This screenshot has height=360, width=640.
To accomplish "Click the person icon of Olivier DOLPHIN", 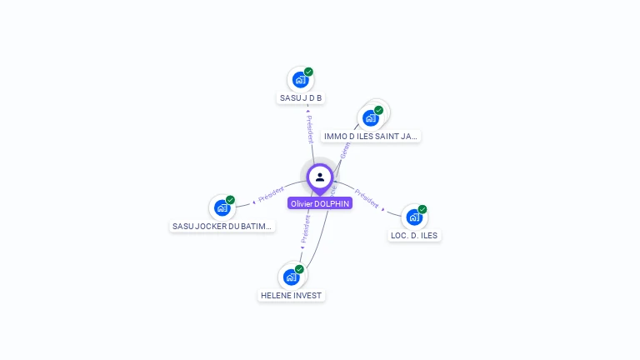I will click(320, 177).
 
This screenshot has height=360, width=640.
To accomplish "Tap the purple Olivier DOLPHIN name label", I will click(320, 203).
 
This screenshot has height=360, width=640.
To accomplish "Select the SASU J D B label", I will click(301, 98).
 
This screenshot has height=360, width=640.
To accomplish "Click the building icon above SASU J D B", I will click(300, 80).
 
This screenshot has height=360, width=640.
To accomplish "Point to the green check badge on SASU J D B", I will click(308, 72).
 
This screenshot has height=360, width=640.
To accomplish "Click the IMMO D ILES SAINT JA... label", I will click(371, 136).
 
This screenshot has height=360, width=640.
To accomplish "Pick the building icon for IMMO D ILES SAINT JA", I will click(370, 117).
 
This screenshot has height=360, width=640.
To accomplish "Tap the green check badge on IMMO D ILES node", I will click(378, 110).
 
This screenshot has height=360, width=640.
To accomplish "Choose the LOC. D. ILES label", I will click(414, 235).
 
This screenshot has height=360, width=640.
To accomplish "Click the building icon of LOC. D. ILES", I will click(413, 217).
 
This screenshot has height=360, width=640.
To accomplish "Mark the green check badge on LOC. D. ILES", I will click(422, 209).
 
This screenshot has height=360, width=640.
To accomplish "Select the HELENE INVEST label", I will click(291, 295).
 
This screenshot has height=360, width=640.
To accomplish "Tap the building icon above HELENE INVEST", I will click(290, 277).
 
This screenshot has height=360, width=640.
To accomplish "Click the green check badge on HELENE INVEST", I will click(299, 269).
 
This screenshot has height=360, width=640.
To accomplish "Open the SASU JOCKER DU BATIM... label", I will click(222, 226).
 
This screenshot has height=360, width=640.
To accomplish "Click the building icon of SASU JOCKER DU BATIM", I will click(222, 207).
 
